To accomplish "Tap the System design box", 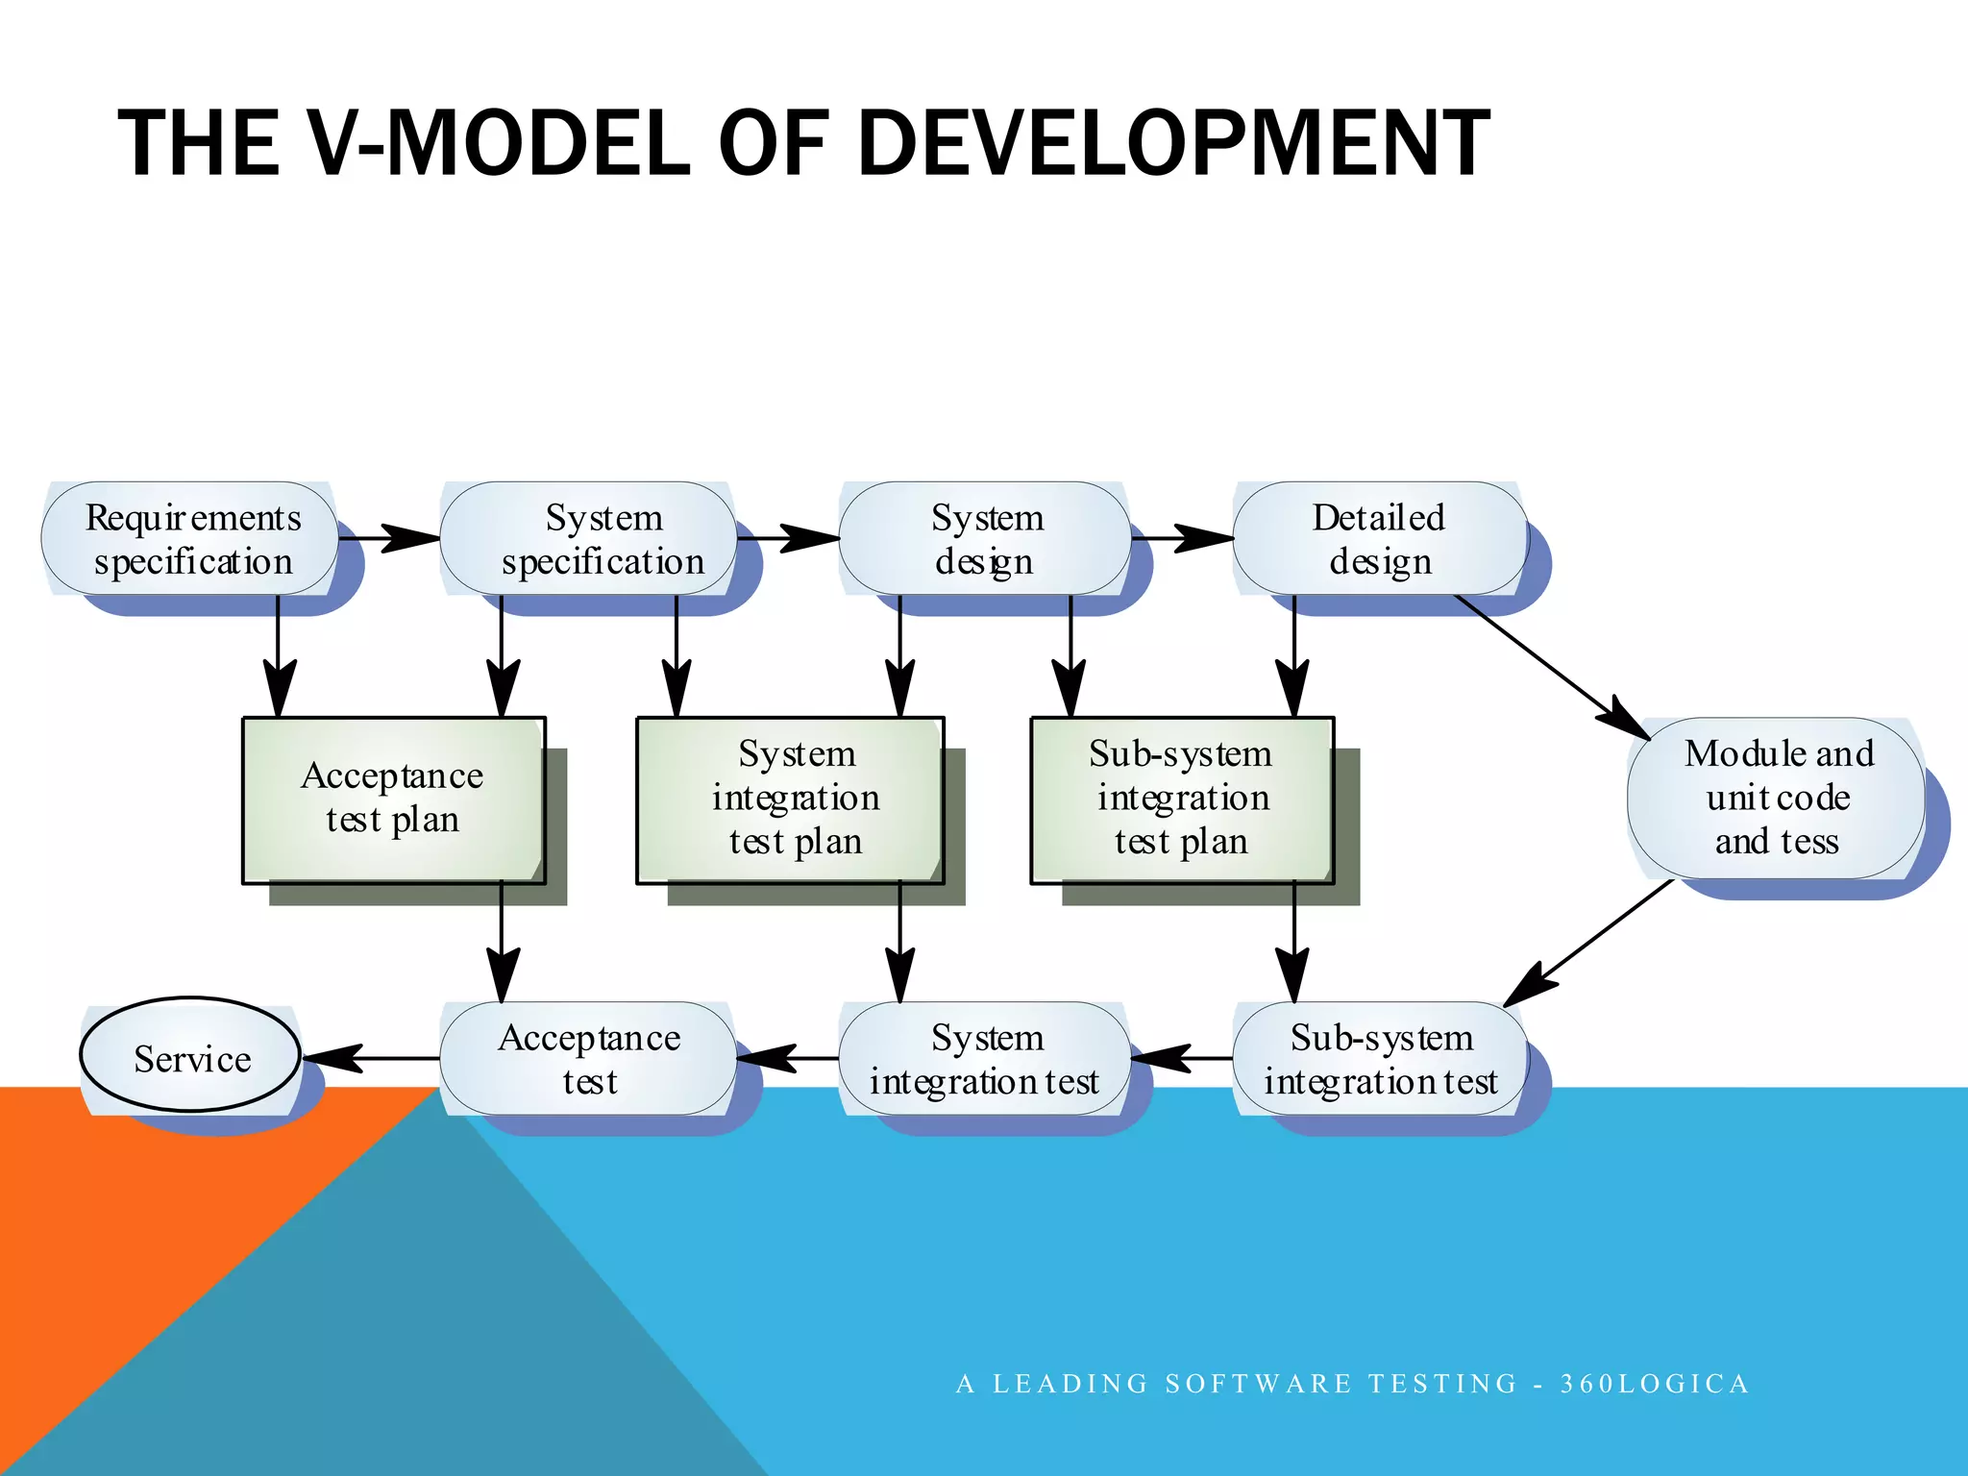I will tap(985, 539).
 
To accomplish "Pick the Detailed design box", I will tap(1380, 539).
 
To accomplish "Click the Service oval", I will tap(190, 1057).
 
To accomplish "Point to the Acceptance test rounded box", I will tap(588, 1059).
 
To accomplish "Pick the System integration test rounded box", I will tap(985, 1059).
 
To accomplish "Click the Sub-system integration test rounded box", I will tap(1380, 1059).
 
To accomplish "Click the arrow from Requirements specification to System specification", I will tap(389, 538).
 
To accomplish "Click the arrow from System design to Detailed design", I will tap(1182, 538).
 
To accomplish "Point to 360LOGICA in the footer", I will tap(1654, 1384).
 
